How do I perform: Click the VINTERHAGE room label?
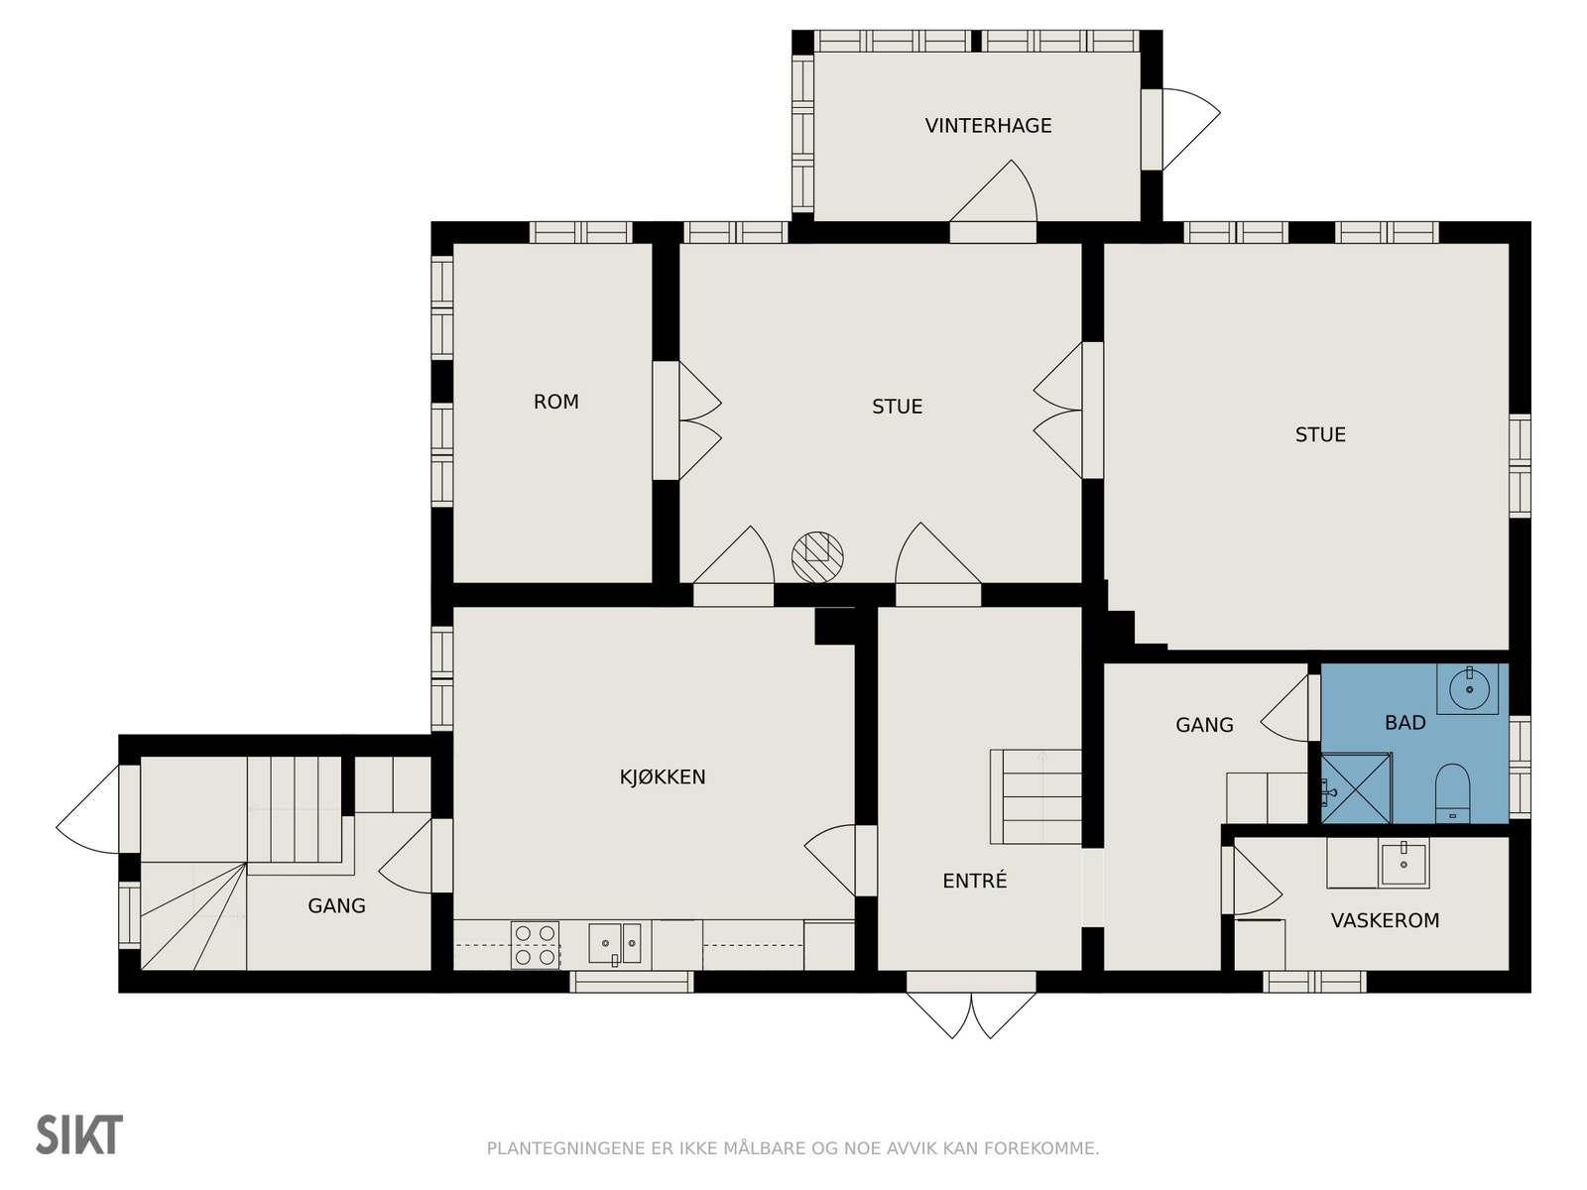(x=988, y=126)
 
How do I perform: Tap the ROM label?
(x=556, y=402)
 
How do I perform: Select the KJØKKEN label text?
(x=663, y=776)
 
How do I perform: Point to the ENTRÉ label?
(x=975, y=880)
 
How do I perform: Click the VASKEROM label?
(x=1385, y=920)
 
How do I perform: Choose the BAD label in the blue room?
(x=1404, y=723)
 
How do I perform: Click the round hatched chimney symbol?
(x=817, y=557)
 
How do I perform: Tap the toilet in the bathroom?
(x=1452, y=793)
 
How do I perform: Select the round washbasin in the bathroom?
(x=1470, y=689)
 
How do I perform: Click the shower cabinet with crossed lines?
(x=1356, y=788)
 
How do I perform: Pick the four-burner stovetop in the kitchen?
(x=535, y=945)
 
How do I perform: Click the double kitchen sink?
(x=614, y=943)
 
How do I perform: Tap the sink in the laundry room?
(x=1404, y=864)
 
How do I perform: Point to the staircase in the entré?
(x=1036, y=797)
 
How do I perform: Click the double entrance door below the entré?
(x=971, y=1005)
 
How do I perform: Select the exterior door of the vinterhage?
(x=1180, y=129)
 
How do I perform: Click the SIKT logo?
(x=79, y=1135)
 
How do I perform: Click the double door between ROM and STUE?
(x=686, y=420)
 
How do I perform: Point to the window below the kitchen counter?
(x=631, y=982)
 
